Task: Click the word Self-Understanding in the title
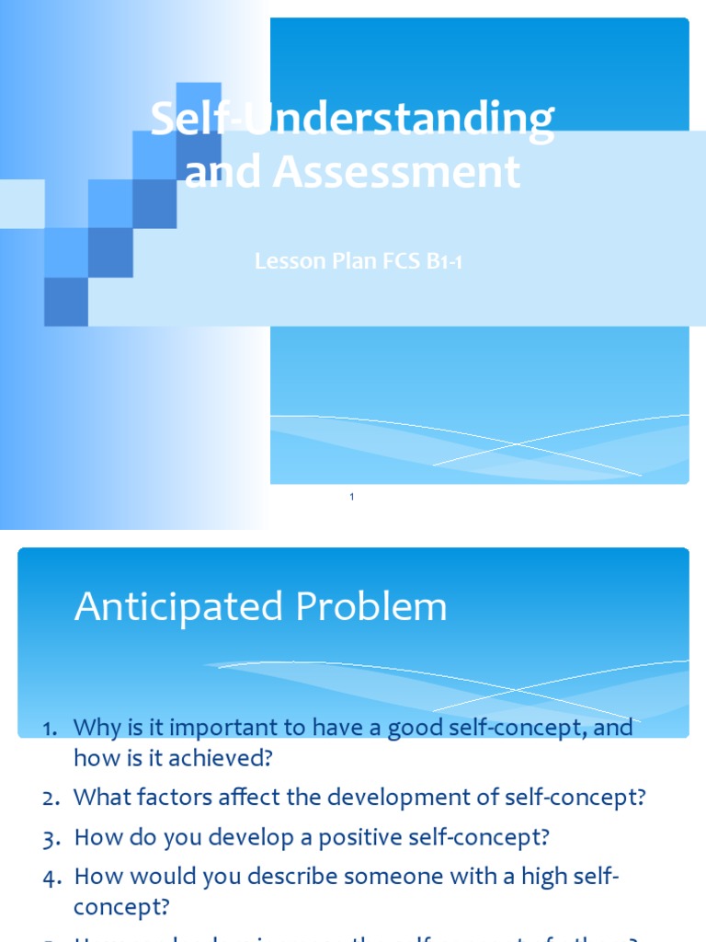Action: click(x=352, y=121)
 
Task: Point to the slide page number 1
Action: click(x=352, y=497)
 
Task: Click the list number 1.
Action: click(x=51, y=729)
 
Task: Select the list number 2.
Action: click(x=51, y=798)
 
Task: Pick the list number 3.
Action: click(x=51, y=839)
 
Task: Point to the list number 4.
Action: click(x=51, y=878)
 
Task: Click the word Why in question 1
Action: click(x=93, y=729)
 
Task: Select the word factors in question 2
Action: click(x=173, y=798)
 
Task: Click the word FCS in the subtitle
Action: click(x=400, y=261)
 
